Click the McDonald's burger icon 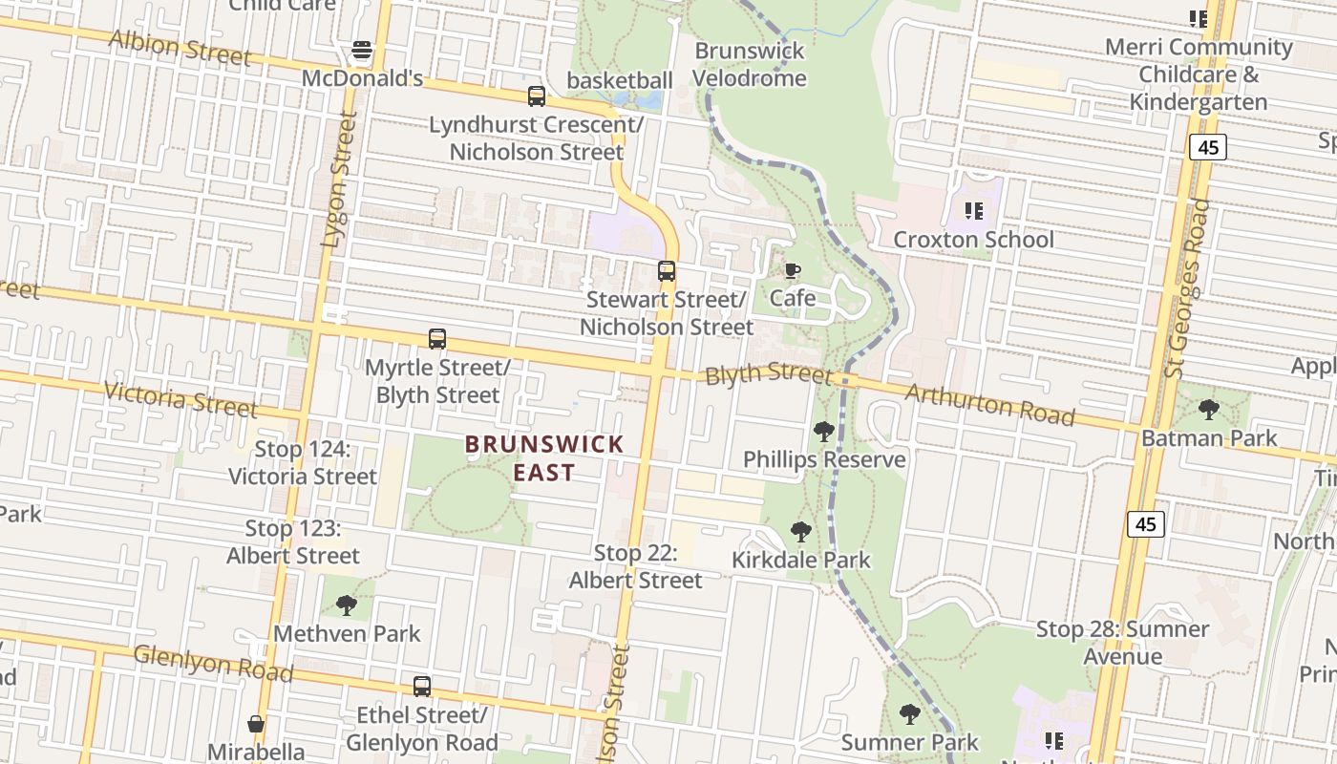[362, 49]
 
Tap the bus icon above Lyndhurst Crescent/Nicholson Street [537, 95]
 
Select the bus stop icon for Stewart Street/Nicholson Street [667, 271]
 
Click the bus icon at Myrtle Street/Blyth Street [437, 339]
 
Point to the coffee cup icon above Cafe [792, 270]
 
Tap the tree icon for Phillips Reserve [823, 432]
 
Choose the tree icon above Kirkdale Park [801, 532]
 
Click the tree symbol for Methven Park [347, 605]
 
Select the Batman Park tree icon [1209, 410]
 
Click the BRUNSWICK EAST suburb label [544, 458]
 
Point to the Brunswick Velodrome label [750, 64]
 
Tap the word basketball [620, 80]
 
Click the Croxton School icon [973, 210]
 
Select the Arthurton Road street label [989, 404]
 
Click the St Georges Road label [1188, 286]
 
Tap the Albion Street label [180, 47]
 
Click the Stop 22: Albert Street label [636, 566]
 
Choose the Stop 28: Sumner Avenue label [1123, 643]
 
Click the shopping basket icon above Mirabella [256, 724]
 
